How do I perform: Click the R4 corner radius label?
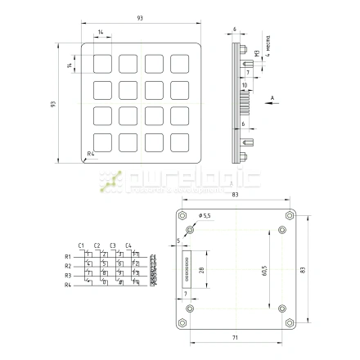pos(91,153)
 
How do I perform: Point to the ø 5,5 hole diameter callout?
pos(204,214)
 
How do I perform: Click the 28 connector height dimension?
pos(200,269)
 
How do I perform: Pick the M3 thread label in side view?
pos(256,56)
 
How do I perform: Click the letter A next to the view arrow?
pos(272,97)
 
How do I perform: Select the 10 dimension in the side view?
pos(244,84)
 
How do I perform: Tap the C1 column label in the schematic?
pos(81,245)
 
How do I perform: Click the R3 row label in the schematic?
pos(68,275)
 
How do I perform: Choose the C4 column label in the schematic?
pos(128,245)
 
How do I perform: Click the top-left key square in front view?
pos(102,64)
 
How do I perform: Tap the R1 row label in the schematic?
pos(68,257)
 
